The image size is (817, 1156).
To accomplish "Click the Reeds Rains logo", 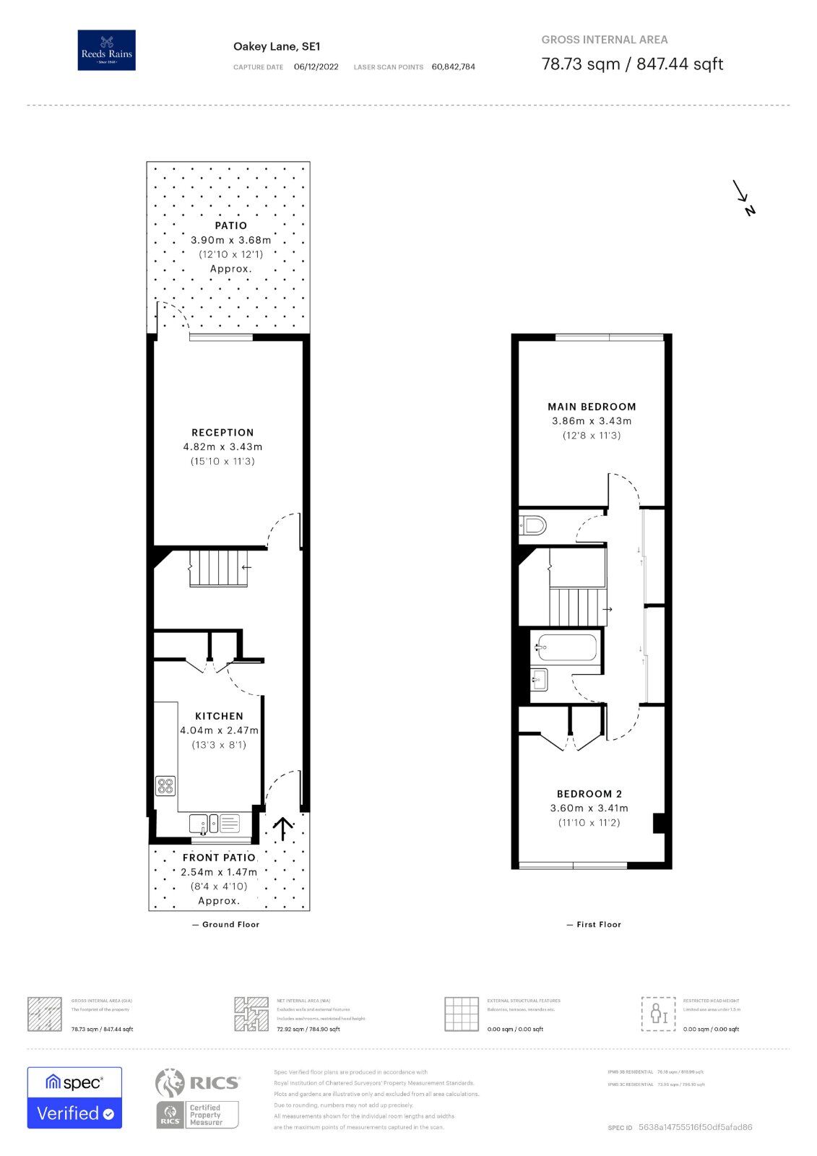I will point(106,50).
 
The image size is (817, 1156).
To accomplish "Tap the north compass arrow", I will point(743,197).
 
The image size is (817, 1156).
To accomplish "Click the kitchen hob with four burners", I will point(165,785).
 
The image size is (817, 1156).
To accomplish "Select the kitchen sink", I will point(199,823).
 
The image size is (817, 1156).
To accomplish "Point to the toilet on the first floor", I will point(534,525).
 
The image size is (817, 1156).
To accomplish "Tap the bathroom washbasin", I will point(539,679).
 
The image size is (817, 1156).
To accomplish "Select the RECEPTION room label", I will point(222,433).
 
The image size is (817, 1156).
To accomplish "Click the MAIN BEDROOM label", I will point(592,407).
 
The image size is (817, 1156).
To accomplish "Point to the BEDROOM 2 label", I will point(589,794).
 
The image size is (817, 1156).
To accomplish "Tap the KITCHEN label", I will point(219,716).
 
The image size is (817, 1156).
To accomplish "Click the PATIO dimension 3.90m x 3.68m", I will point(231,240).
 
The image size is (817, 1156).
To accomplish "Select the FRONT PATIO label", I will point(219,858).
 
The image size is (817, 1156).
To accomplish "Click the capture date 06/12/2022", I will point(316,67).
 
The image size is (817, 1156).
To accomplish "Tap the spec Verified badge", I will point(74,1097).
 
